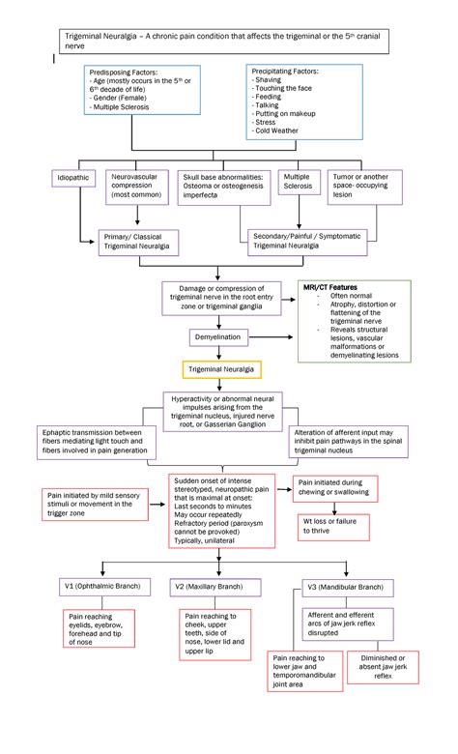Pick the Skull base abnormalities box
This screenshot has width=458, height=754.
[x=223, y=189]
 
